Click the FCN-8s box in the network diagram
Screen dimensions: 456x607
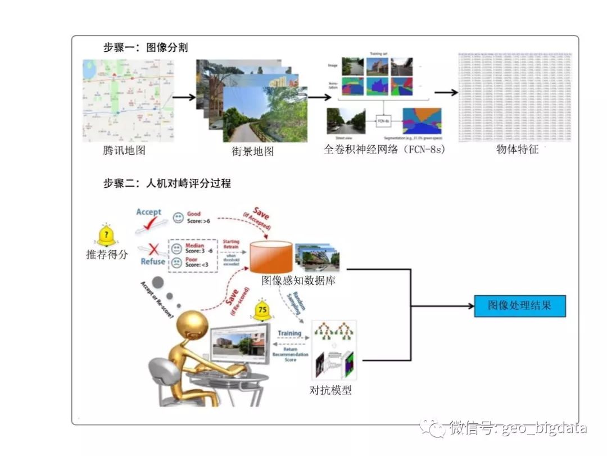coord(384,120)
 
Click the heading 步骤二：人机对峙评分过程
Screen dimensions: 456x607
coord(167,183)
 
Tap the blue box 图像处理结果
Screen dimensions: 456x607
coord(519,306)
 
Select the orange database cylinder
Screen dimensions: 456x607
coord(271,256)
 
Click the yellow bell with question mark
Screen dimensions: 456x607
coord(107,234)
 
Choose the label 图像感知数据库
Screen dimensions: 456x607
coord(298,280)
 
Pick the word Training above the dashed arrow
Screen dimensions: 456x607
coord(289,333)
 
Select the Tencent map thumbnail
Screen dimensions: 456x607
coord(129,100)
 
